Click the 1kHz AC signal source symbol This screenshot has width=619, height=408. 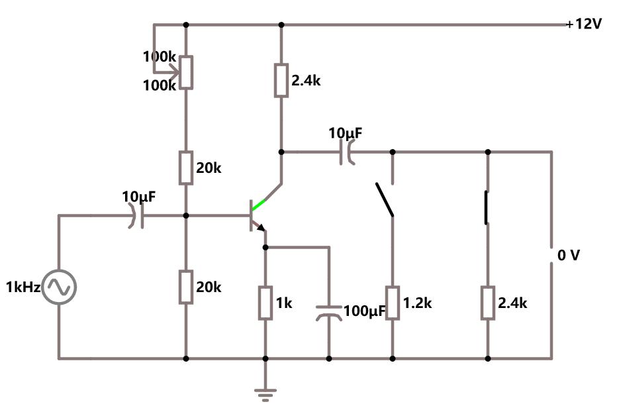[x=59, y=287]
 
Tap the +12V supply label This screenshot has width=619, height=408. [x=584, y=25]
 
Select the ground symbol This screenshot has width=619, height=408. [x=265, y=395]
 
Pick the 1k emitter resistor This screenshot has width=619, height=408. [x=265, y=303]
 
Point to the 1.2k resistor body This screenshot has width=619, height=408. [x=393, y=303]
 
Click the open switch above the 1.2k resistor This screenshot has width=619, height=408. [x=384, y=199]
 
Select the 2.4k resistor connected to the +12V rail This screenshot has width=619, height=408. [x=281, y=81]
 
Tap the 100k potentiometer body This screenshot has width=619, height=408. [x=186, y=72]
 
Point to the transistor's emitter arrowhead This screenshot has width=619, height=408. [x=262, y=229]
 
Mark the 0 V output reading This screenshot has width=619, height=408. [x=568, y=256]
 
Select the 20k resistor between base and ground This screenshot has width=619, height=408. [x=186, y=287]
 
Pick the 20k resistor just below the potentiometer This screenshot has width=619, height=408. [x=186, y=168]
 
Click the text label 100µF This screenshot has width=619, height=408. [x=365, y=311]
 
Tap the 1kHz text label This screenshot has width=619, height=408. [x=23, y=287]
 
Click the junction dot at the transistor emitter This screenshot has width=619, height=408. [x=265, y=247]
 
